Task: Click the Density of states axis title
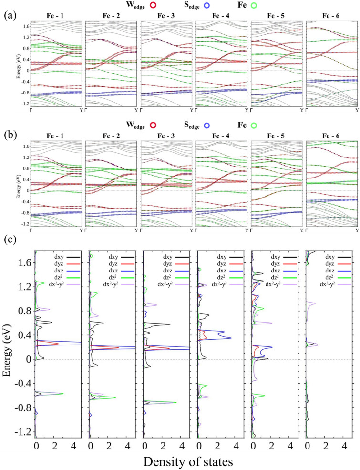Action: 195,461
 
